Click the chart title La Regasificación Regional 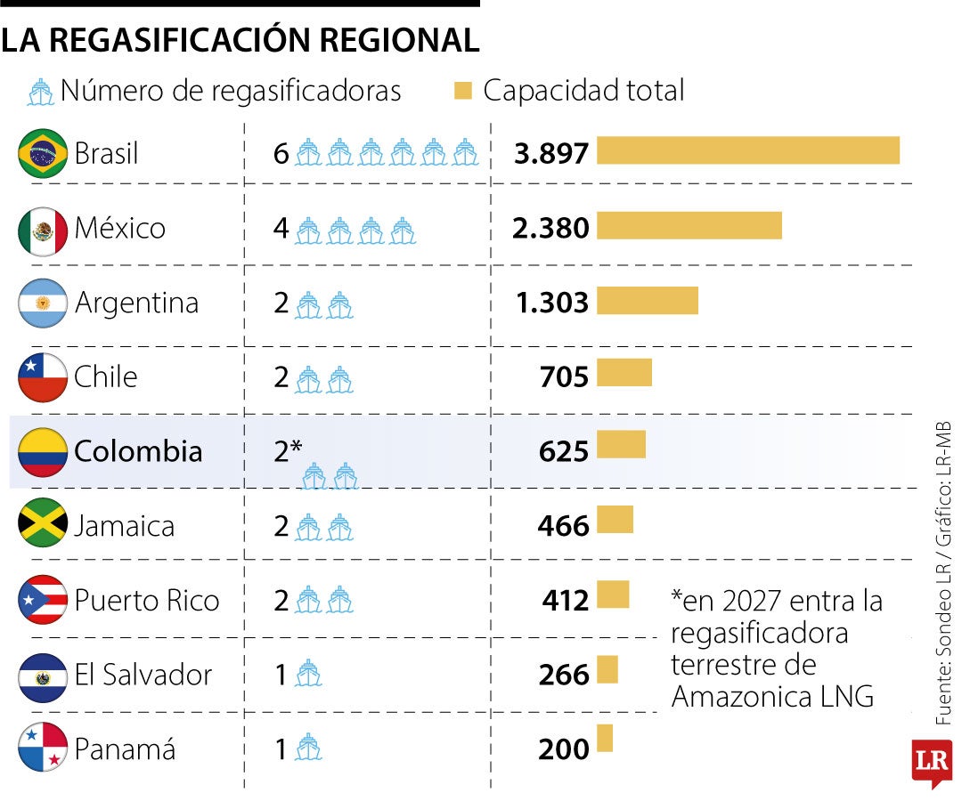click(x=240, y=39)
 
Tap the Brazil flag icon click(x=43, y=154)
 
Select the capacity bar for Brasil click(x=747, y=150)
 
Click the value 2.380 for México click(x=550, y=229)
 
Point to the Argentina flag click(x=43, y=303)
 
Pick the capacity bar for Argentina click(x=647, y=300)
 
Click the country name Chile click(x=106, y=376)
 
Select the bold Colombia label click(x=138, y=451)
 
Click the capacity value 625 click(x=563, y=452)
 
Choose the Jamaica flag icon click(x=43, y=525)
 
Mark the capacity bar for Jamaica click(x=615, y=520)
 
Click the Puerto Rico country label click(x=146, y=600)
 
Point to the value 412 click(x=566, y=601)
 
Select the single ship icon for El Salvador click(x=308, y=675)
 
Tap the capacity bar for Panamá click(x=605, y=739)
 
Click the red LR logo click(x=932, y=761)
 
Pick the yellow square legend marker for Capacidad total click(x=463, y=91)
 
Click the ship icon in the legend click(x=41, y=92)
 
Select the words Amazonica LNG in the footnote click(x=771, y=696)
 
